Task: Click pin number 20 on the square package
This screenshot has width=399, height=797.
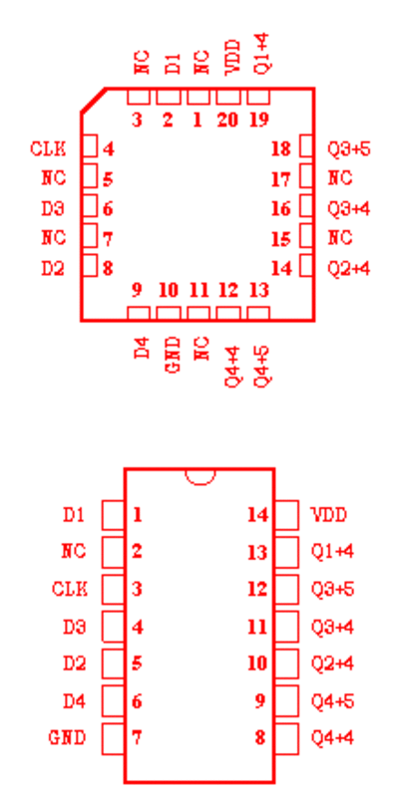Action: point(227,120)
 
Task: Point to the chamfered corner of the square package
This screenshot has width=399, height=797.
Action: point(93,101)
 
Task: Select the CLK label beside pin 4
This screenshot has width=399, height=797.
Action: point(48,149)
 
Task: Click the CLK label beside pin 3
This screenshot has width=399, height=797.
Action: point(69,590)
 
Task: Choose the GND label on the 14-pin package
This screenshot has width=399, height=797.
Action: point(67,737)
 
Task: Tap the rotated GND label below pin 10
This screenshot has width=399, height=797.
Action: point(174,355)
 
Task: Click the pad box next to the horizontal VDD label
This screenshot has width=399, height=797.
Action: point(286,515)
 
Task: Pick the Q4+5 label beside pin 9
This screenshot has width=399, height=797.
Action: point(332,701)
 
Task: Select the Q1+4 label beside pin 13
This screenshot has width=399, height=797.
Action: point(332,552)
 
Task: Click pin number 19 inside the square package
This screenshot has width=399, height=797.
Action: point(258,120)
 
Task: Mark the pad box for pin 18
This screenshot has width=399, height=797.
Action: point(306,146)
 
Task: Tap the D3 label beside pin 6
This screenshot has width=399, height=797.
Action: point(53,209)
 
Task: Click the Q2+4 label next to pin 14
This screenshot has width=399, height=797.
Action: point(348,268)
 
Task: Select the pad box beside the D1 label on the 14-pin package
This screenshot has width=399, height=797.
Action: point(114,515)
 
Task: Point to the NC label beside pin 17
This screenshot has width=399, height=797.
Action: point(340,179)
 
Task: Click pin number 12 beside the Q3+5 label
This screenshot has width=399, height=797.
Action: point(257,590)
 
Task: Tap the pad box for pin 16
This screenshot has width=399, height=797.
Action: point(306,206)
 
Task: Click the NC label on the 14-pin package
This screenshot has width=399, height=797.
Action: point(73,552)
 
